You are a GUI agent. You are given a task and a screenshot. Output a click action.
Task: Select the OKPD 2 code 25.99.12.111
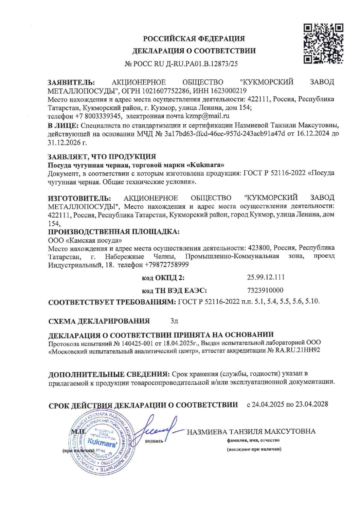266,277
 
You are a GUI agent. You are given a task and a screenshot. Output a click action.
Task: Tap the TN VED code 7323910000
264,290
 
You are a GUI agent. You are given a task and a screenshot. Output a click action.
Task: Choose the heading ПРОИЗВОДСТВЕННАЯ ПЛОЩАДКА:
113,232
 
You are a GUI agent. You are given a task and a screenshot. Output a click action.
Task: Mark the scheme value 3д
174,321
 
